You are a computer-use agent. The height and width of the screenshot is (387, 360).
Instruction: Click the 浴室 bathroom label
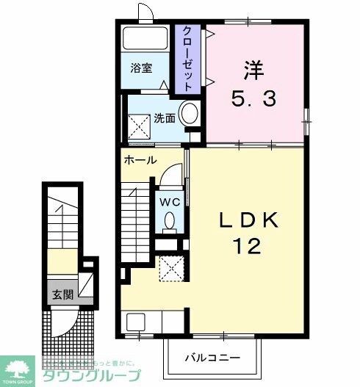pyautogui.click(x=141, y=68)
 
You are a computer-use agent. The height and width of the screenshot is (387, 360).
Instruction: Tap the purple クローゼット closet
pyautogui.click(x=188, y=59)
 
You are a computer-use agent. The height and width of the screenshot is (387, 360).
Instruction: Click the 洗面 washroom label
pyautogui.click(x=163, y=117)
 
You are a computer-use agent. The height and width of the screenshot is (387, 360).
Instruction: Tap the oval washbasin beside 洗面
pyautogui.click(x=189, y=114)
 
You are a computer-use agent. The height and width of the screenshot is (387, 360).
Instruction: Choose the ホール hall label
pyautogui.click(x=140, y=159)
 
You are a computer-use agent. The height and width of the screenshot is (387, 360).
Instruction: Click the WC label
pyautogui.click(x=168, y=200)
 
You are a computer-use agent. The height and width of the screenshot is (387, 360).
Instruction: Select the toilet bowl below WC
pyautogui.click(x=170, y=220)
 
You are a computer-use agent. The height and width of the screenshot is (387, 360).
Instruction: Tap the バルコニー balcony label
pyautogui.click(x=212, y=358)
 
